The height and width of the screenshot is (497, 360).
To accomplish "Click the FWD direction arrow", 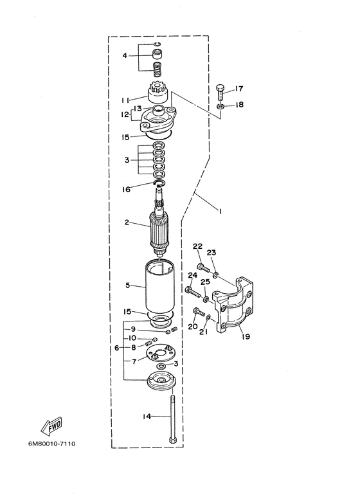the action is [51, 426].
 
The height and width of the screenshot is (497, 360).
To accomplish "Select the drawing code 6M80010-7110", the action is [52, 444].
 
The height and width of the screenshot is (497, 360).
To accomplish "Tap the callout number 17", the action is [239, 89].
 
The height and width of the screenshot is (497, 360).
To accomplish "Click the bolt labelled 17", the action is [221, 92].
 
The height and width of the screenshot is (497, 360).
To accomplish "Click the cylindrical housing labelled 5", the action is [160, 286].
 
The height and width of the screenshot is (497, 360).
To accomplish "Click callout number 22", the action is [197, 246].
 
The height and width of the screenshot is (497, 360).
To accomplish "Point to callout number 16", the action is [126, 189].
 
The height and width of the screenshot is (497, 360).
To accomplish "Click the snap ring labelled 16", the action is [159, 183].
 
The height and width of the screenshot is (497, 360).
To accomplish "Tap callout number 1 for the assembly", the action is [219, 211].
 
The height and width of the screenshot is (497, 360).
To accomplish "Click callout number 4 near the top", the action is [125, 56].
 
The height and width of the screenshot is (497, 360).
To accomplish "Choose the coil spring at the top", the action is [157, 69].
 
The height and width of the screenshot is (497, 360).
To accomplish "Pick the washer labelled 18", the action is [221, 106].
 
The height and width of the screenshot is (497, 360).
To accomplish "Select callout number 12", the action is [125, 114].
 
